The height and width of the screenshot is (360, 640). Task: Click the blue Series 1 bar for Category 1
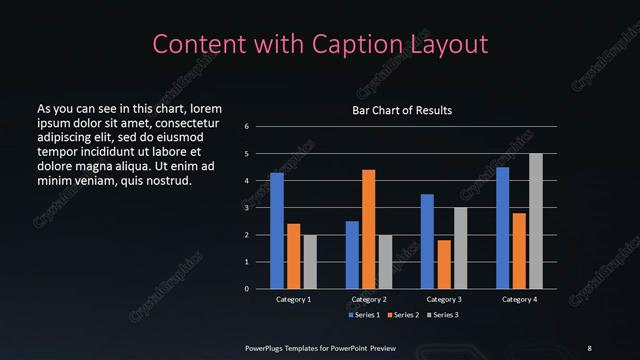(x=277, y=231)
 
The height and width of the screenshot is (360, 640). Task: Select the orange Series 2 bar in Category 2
(x=369, y=229)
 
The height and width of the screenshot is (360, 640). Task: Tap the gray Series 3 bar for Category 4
(x=536, y=221)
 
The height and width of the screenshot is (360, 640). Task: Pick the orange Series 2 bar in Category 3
(x=444, y=264)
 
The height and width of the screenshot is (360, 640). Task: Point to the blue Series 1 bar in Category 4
(x=502, y=228)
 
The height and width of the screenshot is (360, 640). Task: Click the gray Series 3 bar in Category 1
(x=310, y=262)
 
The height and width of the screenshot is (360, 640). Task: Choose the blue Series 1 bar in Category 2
(x=352, y=255)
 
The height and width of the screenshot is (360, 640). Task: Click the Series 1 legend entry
(x=362, y=314)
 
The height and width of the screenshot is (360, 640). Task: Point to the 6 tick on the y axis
(x=246, y=127)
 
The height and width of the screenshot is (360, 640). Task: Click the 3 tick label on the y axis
(x=246, y=208)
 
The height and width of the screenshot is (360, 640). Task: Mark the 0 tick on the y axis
(x=246, y=289)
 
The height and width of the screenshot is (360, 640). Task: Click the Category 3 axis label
(x=444, y=299)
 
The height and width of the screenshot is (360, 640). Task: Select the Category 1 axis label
(x=293, y=299)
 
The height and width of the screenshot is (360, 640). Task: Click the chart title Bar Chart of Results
(x=402, y=110)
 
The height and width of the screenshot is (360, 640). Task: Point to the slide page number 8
(x=589, y=347)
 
